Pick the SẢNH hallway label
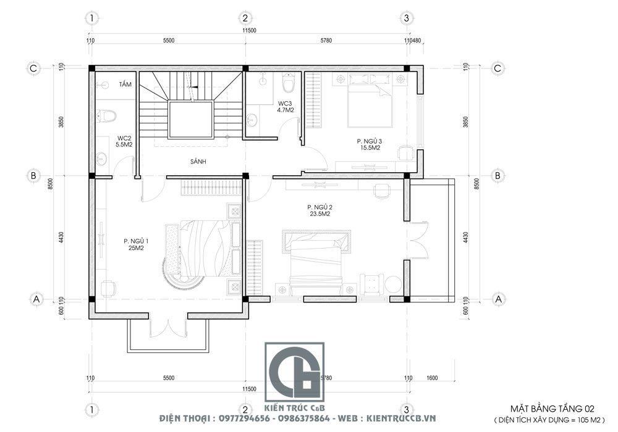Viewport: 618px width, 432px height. tap(198, 161)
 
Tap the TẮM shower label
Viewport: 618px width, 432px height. tap(125, 84)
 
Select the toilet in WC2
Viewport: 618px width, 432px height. tap(106, 115)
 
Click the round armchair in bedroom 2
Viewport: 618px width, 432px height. tap(393, 285)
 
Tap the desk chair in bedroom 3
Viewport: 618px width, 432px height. tap(405, 153)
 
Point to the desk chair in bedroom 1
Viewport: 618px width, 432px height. tap(108, 288)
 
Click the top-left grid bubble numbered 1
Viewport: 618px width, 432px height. tap(91, 18)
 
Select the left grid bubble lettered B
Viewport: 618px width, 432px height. tap(33, 175)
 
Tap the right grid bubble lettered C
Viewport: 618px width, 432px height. tap(497, 69)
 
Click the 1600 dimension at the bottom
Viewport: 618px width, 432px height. tap(432, 378)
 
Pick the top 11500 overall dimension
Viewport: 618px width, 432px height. tap(248, 30)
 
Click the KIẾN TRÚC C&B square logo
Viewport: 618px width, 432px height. tap(294, 372)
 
